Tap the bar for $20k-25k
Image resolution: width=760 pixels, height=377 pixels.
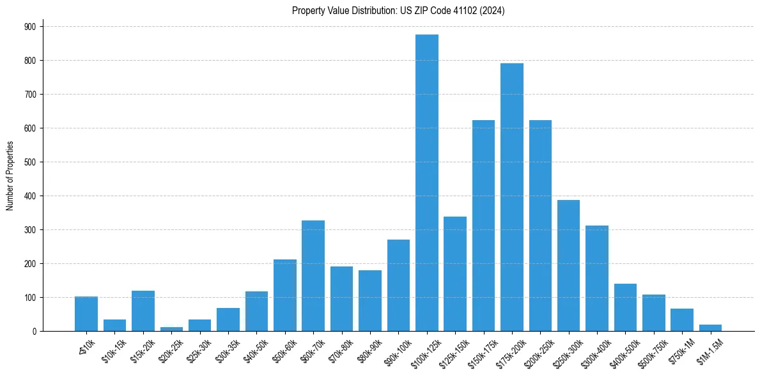coord(171,328)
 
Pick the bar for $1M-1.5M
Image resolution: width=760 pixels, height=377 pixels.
coord(710,328)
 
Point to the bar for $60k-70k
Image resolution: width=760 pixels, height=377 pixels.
coord(313,275)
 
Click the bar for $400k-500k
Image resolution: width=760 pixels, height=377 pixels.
coord(625,307)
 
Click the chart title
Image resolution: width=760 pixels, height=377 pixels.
coord(398,11)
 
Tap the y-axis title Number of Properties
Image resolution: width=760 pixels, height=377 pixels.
coord(10,176)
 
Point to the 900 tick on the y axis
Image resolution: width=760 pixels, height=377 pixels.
coord(30,26)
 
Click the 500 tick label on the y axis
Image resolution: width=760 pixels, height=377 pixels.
coord(30,162)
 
